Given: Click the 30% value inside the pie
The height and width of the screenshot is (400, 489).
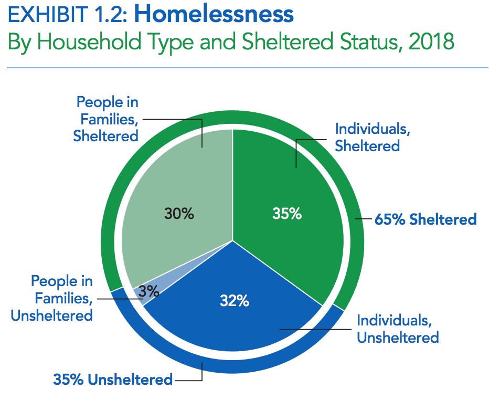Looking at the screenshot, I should coord(179,214).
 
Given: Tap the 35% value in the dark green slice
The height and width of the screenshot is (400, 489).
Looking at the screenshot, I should coord(287,214).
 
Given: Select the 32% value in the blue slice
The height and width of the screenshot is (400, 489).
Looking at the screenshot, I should coord(234,301).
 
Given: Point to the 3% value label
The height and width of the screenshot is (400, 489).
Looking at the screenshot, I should coord(150,291).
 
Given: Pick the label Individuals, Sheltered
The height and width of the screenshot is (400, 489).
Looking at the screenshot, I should coord(367,137).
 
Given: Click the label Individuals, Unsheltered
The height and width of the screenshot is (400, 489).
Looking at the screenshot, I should coord(398,329).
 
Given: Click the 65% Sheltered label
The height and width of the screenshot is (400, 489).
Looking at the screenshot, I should coord(426,219).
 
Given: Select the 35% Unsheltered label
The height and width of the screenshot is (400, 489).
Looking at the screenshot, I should coord(113,379).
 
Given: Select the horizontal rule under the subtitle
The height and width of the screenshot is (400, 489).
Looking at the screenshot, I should coord(244,68).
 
